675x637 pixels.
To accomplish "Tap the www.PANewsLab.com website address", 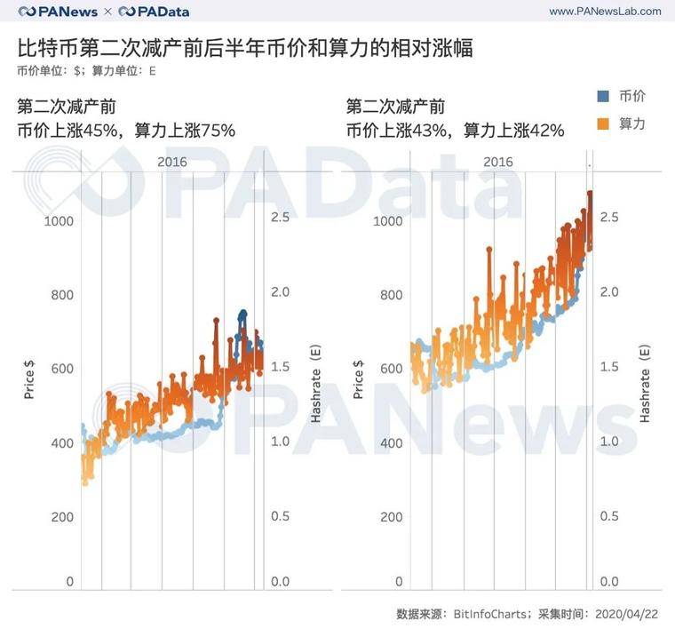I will tap(605, 12).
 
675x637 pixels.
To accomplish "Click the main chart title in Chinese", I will tap(244, 48).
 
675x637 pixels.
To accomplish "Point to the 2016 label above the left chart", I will tap(171, 161).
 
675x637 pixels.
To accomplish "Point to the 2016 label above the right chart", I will tap(498, 161).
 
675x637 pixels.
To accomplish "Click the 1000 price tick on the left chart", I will tap(59, 221).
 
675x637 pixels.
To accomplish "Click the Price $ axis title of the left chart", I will tap(28, 377).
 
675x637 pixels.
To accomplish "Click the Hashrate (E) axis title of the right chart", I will tap(645, 382).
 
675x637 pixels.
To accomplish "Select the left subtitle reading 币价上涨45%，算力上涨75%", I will tap(126, 131).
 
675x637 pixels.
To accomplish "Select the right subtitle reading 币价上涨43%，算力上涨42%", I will tap(455, 131).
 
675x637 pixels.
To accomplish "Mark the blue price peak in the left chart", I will tap(242, 314).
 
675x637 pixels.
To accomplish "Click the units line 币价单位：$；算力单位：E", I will tap(86, 71).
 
